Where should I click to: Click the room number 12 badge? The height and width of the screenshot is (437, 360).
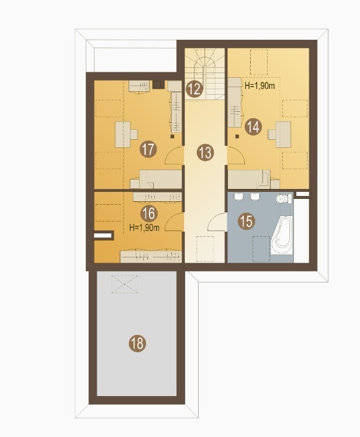[x=195, y=89]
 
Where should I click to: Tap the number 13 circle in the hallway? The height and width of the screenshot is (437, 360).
[x=205, y=153]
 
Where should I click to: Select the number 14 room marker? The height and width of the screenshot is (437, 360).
[x=254, y=127]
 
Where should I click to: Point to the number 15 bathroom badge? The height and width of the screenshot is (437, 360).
[x=247, y=221]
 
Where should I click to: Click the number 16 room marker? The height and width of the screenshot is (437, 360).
[x=149, y=214]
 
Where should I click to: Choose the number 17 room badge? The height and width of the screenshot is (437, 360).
[x=148, y=149]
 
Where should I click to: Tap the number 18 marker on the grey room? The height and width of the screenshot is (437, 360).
[x=137, y=343]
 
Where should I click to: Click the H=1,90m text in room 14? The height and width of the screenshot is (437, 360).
[x=259, y=86]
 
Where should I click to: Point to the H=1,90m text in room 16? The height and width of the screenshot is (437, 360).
[x=144, y=228]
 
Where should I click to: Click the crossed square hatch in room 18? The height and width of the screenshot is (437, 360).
[x=124, y=284]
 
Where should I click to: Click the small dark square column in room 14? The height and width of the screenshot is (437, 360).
[x=237, y=136]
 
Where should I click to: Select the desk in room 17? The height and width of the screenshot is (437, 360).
[x=126, y=135]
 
